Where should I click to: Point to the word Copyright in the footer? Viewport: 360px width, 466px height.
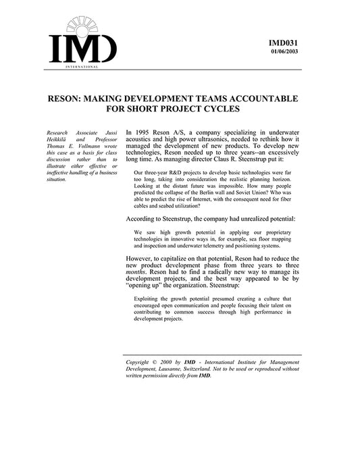[x=141, y=363]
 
